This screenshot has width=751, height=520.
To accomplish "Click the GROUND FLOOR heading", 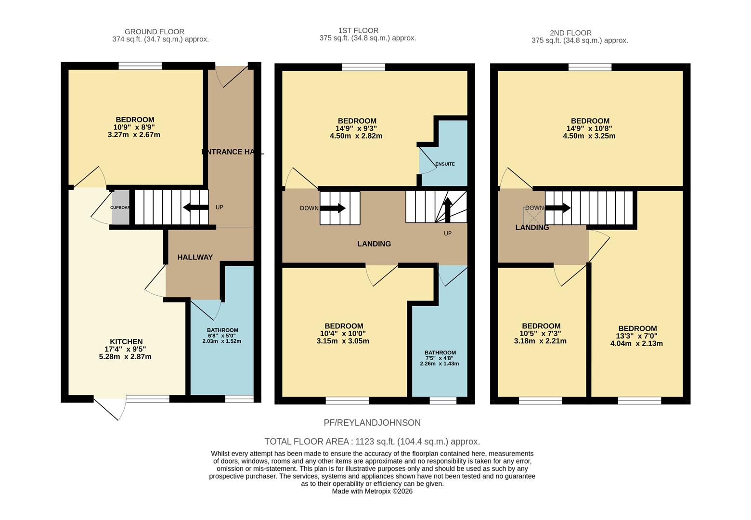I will [154, 32].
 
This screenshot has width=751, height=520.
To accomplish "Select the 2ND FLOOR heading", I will [570, 33].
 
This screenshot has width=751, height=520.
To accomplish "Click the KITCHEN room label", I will [126, 342].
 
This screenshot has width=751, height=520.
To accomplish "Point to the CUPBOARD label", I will [120, 208].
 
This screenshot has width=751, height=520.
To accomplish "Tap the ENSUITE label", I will [445, 164].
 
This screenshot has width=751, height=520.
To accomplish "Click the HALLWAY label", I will [195, 258].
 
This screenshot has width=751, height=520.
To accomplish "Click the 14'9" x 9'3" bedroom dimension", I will [357, 129].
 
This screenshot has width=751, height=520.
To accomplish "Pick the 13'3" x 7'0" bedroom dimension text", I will [637, 336].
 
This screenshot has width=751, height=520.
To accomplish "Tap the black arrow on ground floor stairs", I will [195, 208].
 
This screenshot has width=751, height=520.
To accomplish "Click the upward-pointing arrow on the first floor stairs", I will [448, 209].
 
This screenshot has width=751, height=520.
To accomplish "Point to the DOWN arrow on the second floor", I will [558, 208].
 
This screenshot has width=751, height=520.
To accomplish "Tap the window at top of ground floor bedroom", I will [140, 66].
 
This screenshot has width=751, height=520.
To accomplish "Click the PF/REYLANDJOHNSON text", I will [372, 423].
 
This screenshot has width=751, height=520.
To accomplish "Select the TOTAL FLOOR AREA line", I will [372, 442].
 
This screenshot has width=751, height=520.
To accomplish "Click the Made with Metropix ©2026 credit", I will [372, 492].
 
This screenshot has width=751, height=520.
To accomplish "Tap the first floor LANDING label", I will [374, 244].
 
